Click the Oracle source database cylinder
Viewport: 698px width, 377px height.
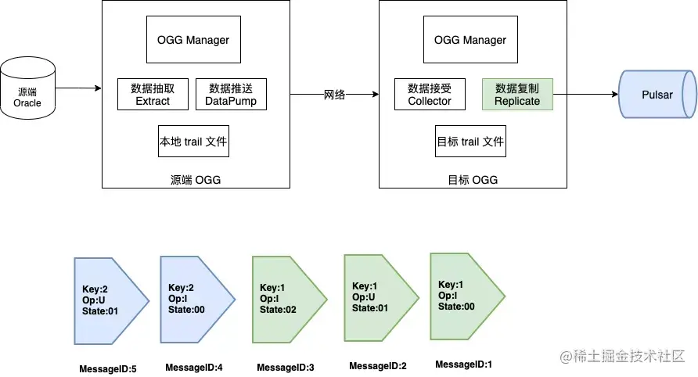tap(27, 88)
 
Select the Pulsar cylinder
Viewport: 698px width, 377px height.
tap(657, 95)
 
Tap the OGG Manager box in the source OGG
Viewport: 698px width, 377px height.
tap(193, 40)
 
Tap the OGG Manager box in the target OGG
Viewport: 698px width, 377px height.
tap(470, 40)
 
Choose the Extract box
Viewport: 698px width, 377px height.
tap(153, 95)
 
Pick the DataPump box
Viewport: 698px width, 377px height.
tap(231, 95)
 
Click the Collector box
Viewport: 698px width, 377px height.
tap(430, 95)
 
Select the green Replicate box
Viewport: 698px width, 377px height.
tap(517, 95)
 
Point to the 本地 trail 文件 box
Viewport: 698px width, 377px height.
tap(193, 141)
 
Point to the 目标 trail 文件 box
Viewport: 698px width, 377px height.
tap(470, 141)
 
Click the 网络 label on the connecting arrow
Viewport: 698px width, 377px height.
tap(334, 95)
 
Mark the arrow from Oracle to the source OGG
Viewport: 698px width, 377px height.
tap(78, 88)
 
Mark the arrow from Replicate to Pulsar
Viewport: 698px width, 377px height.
tap(586, 94)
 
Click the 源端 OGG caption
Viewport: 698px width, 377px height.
tap(196, 180)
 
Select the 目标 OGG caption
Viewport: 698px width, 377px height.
tap(473, 180)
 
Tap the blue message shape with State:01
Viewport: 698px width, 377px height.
tap(111, 301)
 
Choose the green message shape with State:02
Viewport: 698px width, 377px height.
tap(290, 300)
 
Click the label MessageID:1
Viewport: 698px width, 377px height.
tap(463, 364)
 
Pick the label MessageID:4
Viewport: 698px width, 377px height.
tap(193, 367)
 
